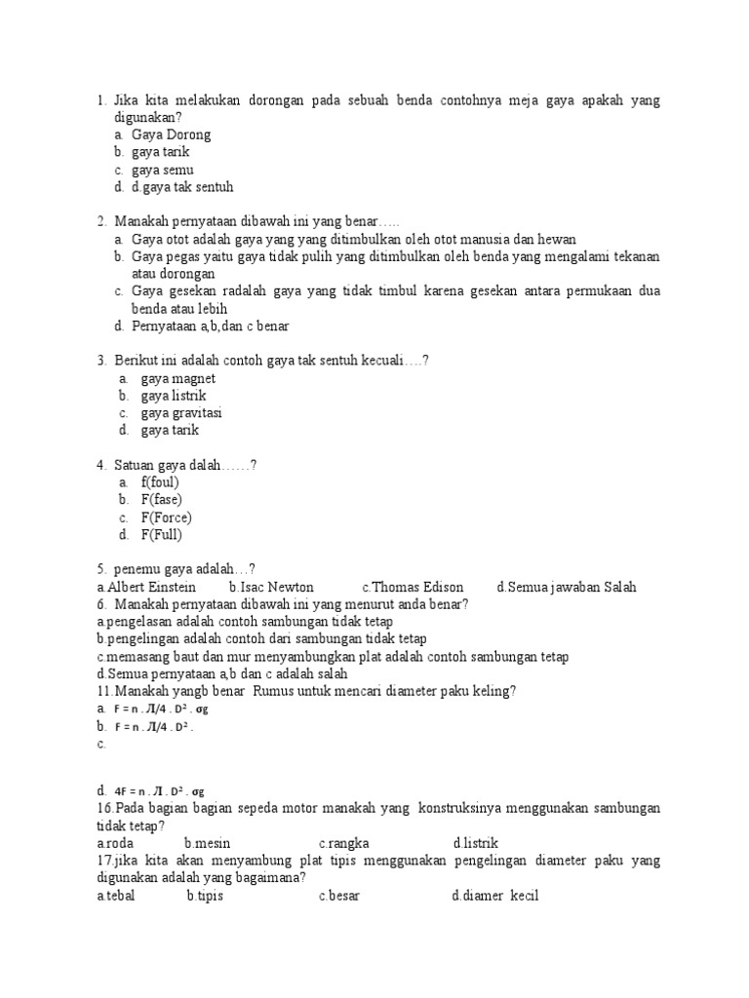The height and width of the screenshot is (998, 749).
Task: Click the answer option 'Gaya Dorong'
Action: [171, 134]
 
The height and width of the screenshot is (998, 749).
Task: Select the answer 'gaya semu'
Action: [163, 170]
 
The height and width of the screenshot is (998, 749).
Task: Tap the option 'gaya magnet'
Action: [178, 378]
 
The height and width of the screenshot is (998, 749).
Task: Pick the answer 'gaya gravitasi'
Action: [182, 412]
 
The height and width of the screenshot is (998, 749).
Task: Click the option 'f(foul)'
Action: [160, 482]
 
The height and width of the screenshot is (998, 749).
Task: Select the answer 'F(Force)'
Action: [167, 518]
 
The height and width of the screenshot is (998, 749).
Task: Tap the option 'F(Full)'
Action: [162, 535]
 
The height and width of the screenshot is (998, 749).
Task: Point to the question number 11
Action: [104, 691]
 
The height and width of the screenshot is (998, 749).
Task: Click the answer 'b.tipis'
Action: [205, 896]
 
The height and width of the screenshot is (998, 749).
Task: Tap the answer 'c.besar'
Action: [338, 896]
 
